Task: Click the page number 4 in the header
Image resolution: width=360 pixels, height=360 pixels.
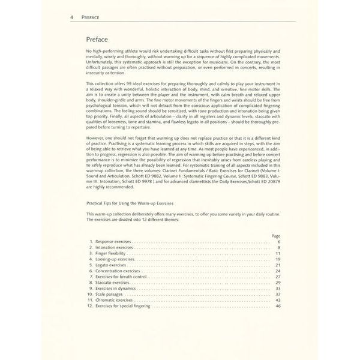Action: [72, 19]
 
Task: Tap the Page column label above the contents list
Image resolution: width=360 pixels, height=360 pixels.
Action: [276, 236]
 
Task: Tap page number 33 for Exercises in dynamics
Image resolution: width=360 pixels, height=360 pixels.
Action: [278, 288]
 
